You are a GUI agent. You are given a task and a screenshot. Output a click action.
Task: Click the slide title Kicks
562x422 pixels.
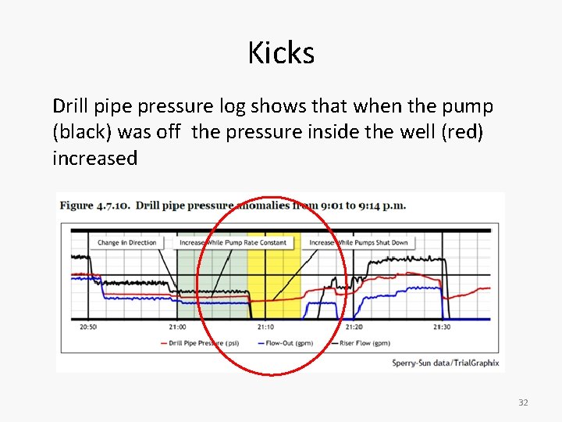[281, 53]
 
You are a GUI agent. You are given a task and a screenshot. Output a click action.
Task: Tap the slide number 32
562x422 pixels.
[523, 402]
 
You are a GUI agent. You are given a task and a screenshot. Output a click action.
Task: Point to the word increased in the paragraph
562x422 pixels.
[94, 158]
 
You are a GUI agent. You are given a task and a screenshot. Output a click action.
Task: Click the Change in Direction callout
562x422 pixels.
[126, 242]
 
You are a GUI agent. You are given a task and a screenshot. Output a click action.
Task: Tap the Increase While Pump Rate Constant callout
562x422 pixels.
[233, 242]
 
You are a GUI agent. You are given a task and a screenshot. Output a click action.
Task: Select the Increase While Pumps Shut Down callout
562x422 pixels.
[358, 242]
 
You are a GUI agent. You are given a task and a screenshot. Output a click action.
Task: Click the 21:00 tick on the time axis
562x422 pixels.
[176, 327]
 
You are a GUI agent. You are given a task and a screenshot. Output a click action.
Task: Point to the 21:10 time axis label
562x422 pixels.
[265, 327]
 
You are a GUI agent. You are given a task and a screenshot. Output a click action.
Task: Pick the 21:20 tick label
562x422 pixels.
[354, 327]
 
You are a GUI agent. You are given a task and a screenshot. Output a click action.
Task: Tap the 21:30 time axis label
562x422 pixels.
[443, 327]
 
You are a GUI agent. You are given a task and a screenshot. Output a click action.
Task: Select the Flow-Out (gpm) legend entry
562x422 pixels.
[288, 342]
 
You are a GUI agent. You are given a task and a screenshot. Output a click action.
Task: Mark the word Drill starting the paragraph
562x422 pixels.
[70, 105]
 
